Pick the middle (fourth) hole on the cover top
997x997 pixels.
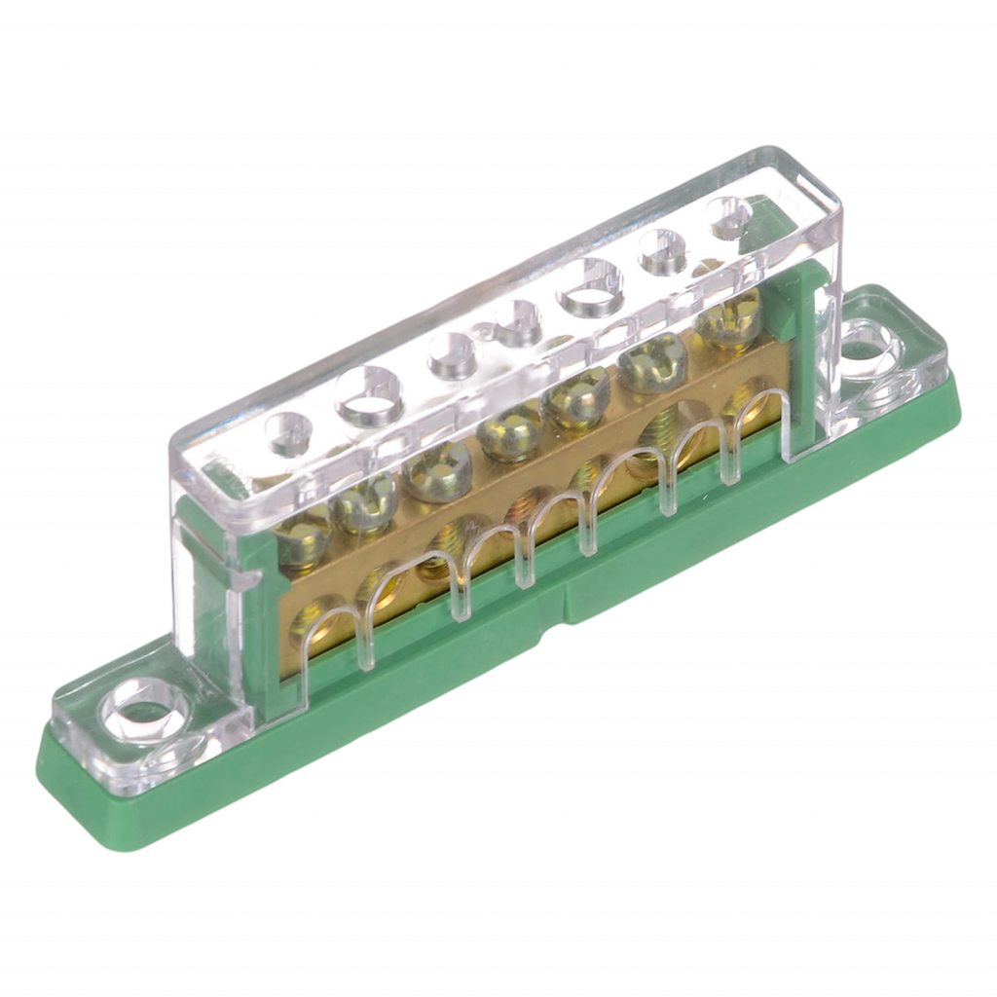(x=511, y=315)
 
